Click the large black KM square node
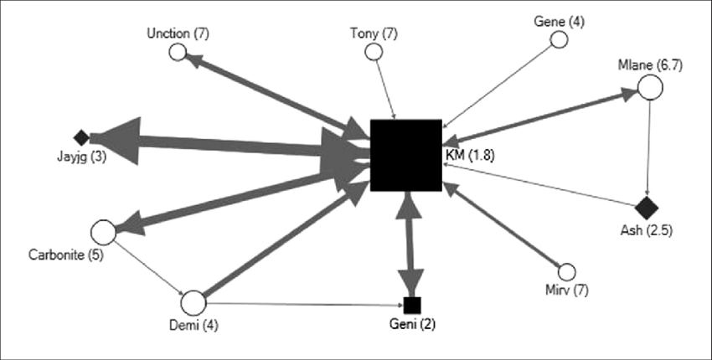point(406,155)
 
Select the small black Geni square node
point(410,304)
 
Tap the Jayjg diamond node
point(81,137)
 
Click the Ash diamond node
point(645,206)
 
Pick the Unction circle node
point(177,53)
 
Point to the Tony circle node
point(374,52)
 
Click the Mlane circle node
point(650,86)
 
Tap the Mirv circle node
point(566,272)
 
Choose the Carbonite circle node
point(102,231)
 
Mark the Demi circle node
point(193,303)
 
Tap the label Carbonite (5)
point(66,255)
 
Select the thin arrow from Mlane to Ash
point(648,147)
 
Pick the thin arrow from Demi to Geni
point(302,304)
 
